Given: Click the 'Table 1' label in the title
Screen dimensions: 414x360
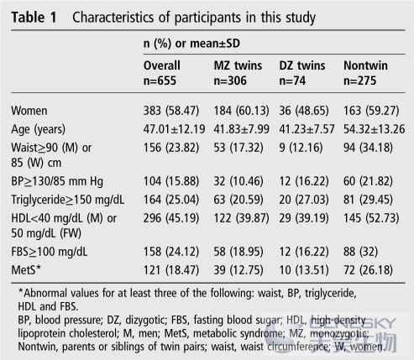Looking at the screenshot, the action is (x=34, y=18).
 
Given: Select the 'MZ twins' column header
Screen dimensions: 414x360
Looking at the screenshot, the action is (x=238, y=65).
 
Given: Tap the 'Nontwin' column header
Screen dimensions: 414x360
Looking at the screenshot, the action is (x=365, y=65).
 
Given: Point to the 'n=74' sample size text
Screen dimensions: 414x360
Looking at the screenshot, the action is (x=292, y=81).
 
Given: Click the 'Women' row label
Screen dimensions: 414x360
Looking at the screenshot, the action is (x=29, y=111).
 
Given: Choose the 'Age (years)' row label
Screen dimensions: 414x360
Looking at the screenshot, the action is (x=39, y=129).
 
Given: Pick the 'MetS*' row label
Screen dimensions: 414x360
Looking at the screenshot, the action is (x=26, y=270).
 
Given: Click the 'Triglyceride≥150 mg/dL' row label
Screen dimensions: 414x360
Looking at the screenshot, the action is (x=68, y=200).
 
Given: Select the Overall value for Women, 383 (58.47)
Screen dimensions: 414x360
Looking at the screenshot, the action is (x=171, y=111).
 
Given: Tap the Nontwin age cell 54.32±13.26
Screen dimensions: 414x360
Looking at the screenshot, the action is (x=375, y=129).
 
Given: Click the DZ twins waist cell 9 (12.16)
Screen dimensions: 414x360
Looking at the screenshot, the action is (x=301, y=148).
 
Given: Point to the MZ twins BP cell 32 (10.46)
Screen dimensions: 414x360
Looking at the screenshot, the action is (x=238, y=181).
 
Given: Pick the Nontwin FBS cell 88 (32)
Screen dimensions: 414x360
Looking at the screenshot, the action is (x=360, y=252).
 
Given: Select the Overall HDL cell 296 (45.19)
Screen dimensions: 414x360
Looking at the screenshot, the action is (x=171, y=218).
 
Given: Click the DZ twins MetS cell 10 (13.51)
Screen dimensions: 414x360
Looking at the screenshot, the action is (x=304, y=270).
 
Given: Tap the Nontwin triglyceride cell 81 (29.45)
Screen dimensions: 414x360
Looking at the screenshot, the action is (x=368, y=200).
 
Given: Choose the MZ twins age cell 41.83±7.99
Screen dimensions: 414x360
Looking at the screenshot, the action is (x=242, y=129).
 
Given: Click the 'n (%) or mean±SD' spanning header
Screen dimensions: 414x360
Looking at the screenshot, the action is (x=191, y=44).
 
